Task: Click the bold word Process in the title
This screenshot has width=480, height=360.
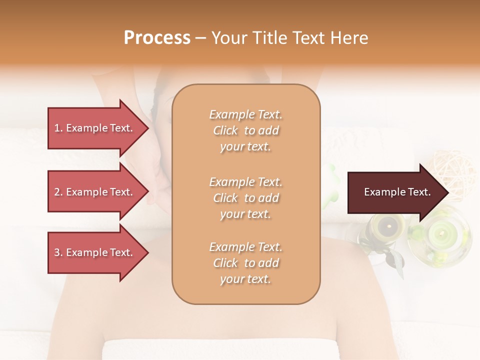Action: (x=157, y=38)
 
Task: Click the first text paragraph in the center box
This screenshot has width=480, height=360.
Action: (x=245, y=130)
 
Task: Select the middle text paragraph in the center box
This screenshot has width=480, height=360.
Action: (x=245, y=198)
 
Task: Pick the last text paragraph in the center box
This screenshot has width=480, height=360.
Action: (x=245, y=263)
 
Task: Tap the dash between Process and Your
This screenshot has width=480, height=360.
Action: (x=200, y=38)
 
